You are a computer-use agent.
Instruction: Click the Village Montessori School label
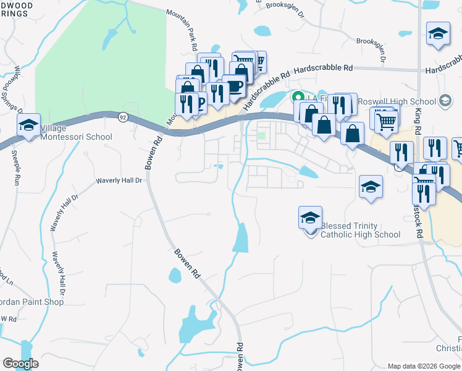coord(76,132)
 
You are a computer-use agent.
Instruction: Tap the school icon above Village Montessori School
coord(28,125)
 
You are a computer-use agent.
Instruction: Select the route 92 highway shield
coord(123,117)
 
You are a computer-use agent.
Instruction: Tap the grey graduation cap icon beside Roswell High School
coord(444,101)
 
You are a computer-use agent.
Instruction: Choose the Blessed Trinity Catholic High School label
coord(361,230)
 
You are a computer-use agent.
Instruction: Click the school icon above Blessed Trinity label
coord(310,217)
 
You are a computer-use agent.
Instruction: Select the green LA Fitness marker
coord(296,97)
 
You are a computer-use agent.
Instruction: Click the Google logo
coord(21,364)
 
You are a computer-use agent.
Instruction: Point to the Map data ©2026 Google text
coord(423,366)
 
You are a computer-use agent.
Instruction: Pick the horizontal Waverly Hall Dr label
coord(119,181)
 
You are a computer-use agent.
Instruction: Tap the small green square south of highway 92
coord(262,136)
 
